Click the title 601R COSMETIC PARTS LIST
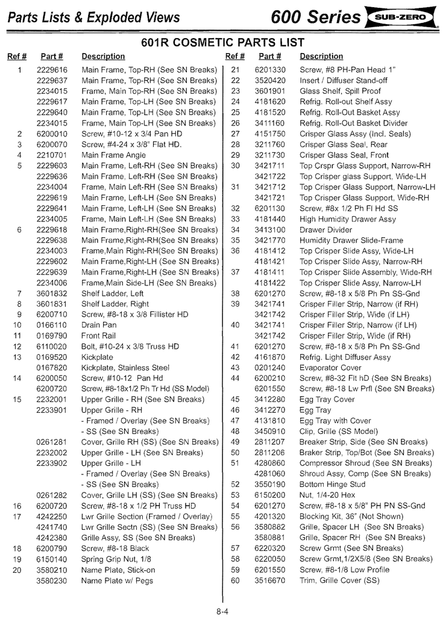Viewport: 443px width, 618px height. [x=222, y=43]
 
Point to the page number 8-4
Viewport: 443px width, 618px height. [x=221, y=611]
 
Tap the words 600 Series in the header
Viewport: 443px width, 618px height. [x=315, y=18]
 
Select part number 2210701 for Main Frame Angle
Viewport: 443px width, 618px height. [x=51, y=155]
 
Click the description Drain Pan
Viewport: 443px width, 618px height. [x=99, y=325]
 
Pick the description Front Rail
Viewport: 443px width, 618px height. [x=99, y=336]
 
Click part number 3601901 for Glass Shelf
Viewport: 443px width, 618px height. [x=269, y=91]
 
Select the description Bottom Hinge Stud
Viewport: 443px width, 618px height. [x=332, y=485]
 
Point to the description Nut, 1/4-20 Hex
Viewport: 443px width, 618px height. [x=327, y=495]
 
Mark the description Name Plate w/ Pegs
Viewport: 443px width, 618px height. [x=117, y=581]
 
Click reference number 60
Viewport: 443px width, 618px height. [x=235, y=581]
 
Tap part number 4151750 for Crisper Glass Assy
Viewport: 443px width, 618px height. [x=269, y=134]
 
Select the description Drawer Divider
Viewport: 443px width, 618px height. [x=326, y=230]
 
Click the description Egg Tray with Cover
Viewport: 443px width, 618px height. [x=335, y=421]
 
